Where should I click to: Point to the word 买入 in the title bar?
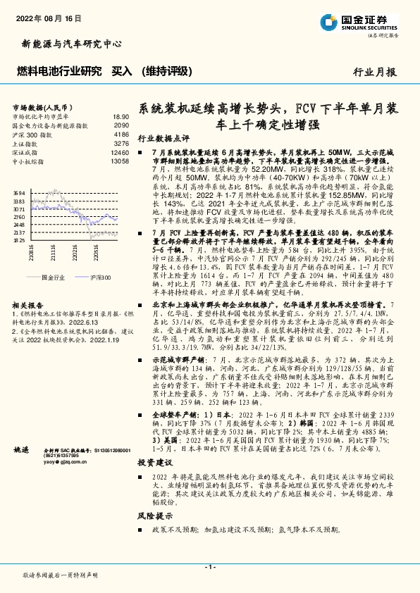(x=123, y=71)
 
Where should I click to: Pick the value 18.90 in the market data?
(x=121, y=116)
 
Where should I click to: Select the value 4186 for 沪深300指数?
(x=121, y=134)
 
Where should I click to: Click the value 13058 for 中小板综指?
(x=120, y=161)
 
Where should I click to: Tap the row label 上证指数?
(x=27, y=143)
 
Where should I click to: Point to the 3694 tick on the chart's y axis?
(x=20, y=193)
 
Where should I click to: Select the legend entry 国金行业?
(x=54, y=278)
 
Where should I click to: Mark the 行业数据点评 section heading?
(x=163, y=139)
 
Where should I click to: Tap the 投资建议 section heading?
(x=154, y=462)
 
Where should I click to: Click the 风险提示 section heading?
(x=154, y=516)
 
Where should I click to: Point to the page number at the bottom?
(x=209, y=567)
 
